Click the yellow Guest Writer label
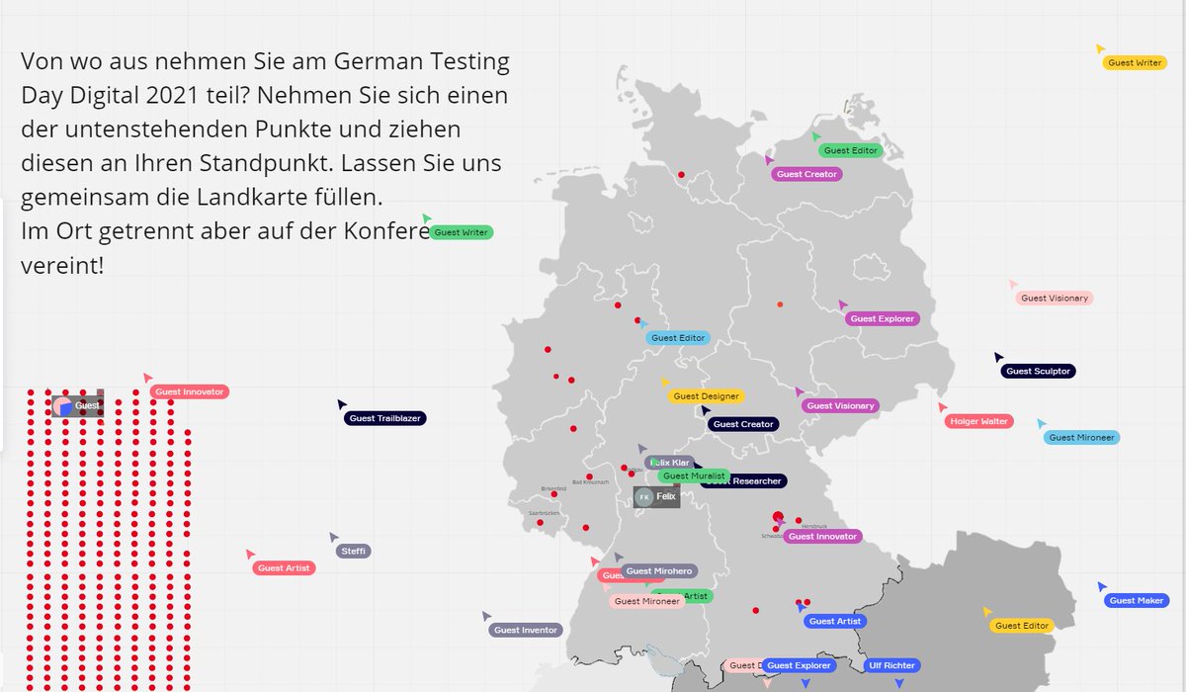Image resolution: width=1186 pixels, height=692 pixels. pos(1135,63)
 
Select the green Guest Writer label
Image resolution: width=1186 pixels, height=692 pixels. pos(462,232)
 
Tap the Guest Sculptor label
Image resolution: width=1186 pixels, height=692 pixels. pos(1038,372)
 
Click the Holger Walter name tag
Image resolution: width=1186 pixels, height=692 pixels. pos(978,421)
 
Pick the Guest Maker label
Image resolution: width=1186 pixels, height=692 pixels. pos(1137,601)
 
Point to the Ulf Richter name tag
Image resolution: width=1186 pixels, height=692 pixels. pos(891,666)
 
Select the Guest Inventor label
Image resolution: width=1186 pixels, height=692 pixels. pos(527,630)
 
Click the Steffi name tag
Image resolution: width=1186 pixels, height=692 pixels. pos(353,551)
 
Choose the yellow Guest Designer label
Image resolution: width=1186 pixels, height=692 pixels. pos(706,396)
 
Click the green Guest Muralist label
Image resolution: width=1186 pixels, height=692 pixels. pos(694,476)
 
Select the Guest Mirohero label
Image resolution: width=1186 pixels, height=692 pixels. pos(660,570)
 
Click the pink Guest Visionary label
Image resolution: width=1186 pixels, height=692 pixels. pos(1055,298)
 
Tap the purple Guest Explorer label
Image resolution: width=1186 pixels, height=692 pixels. pos(883,318)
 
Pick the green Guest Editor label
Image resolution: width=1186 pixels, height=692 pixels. pos(851,150)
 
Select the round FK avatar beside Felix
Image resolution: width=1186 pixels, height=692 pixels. pos(644,496)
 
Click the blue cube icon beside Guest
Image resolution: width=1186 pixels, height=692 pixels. pos(65,406)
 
